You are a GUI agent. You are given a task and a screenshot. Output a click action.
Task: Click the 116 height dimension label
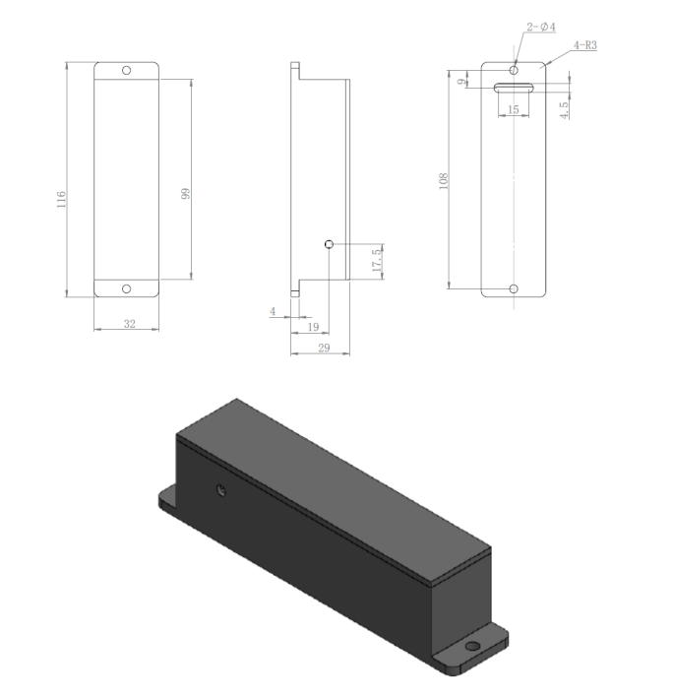click(x=61, y=200)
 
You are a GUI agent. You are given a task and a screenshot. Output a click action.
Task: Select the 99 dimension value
click(x=185, y=194)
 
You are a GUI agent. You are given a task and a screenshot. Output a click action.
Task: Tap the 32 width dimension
click(x=128, y=324)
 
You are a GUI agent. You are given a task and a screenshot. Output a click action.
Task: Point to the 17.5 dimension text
click(x=376, y=262)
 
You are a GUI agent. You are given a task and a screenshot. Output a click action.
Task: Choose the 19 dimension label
click(x=313, y=326)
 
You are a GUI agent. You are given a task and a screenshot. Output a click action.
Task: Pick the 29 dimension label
click(x=324, y=349)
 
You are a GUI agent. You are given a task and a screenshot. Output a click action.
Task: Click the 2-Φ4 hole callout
click(x=541, y=28)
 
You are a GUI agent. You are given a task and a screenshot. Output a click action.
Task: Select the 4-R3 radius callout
click(x=582, y=46)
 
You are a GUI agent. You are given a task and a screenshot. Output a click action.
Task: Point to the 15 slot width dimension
click(x=513, y=109)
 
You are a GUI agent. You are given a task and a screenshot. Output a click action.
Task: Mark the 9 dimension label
click(x=462, y=83)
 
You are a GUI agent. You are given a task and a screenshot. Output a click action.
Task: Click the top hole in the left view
click(x=126, y=71)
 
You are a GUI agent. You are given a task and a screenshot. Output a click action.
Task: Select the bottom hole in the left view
click(x=126, y=288)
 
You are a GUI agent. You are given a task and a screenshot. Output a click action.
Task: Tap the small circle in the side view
click(x=329, y=243)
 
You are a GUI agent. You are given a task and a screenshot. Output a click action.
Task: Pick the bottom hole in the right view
click(x=513, y=288)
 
